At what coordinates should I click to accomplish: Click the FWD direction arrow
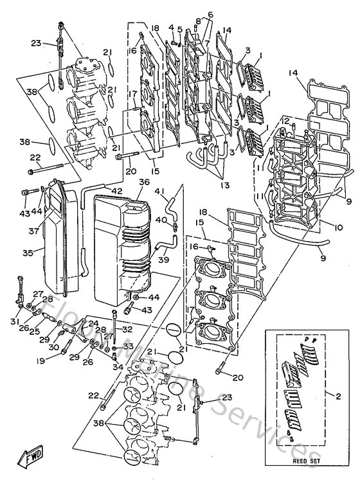(32, 459)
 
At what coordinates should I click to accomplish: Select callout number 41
(158, 191)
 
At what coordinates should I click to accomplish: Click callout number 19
(40, 361)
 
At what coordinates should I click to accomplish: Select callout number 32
(127, 328)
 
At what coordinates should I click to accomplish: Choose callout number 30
(54, 348)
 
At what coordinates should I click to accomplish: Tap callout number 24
(94, 323)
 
